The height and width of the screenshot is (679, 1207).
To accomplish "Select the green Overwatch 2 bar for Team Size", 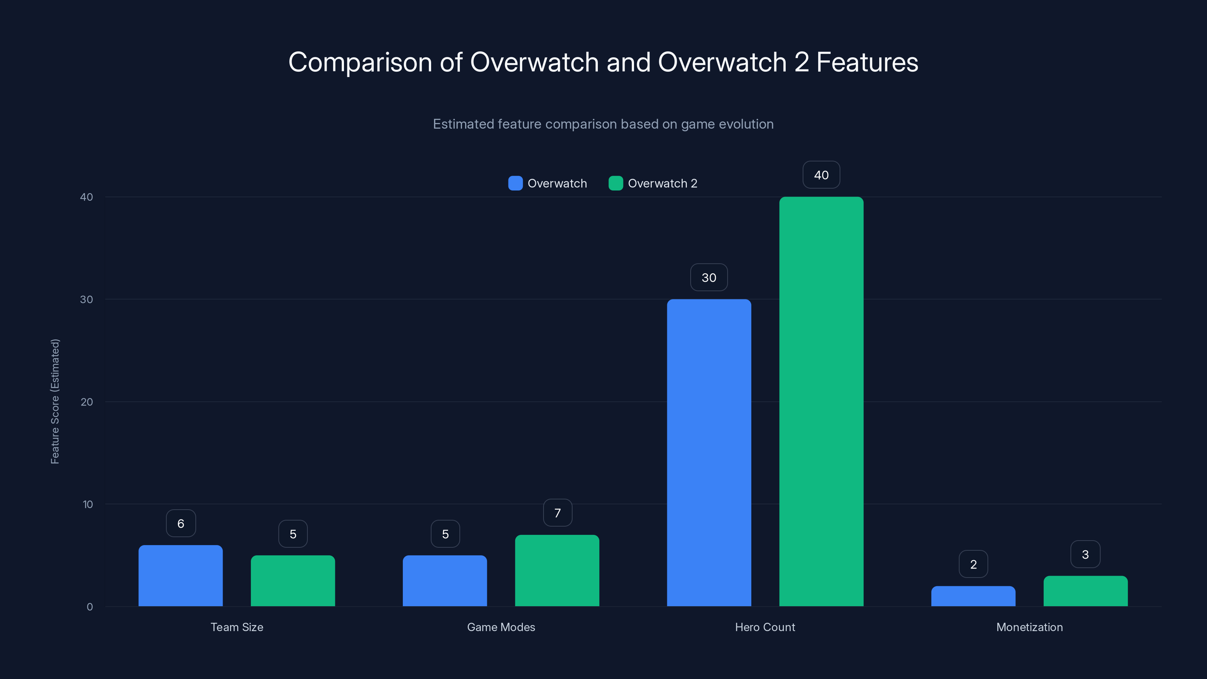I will point(293,581).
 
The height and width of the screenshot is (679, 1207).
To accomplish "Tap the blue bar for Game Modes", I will point(445,581).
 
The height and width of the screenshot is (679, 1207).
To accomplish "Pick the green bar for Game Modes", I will point(557,570).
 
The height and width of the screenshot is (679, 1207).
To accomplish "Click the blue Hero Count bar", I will point(709,453).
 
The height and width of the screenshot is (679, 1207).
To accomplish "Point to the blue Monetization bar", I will point(973,596).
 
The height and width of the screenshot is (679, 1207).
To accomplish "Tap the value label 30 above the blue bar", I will point(709,277).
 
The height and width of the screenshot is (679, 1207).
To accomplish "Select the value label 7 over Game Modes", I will point(557,513).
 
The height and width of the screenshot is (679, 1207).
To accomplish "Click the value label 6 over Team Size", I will point(180,524).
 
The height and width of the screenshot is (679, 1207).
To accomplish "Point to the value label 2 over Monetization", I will point(973,564).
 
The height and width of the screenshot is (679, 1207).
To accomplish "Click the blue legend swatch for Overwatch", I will point(515,183).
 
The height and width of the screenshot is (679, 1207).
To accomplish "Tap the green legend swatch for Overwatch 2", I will point(616,183).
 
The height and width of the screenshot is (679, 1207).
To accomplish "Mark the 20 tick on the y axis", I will point(87,402).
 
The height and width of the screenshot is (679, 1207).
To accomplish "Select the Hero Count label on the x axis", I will point(765,627).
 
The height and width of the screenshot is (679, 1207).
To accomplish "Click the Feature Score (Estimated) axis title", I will point(55,402).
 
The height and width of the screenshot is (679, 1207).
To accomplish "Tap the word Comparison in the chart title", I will point(360,62).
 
